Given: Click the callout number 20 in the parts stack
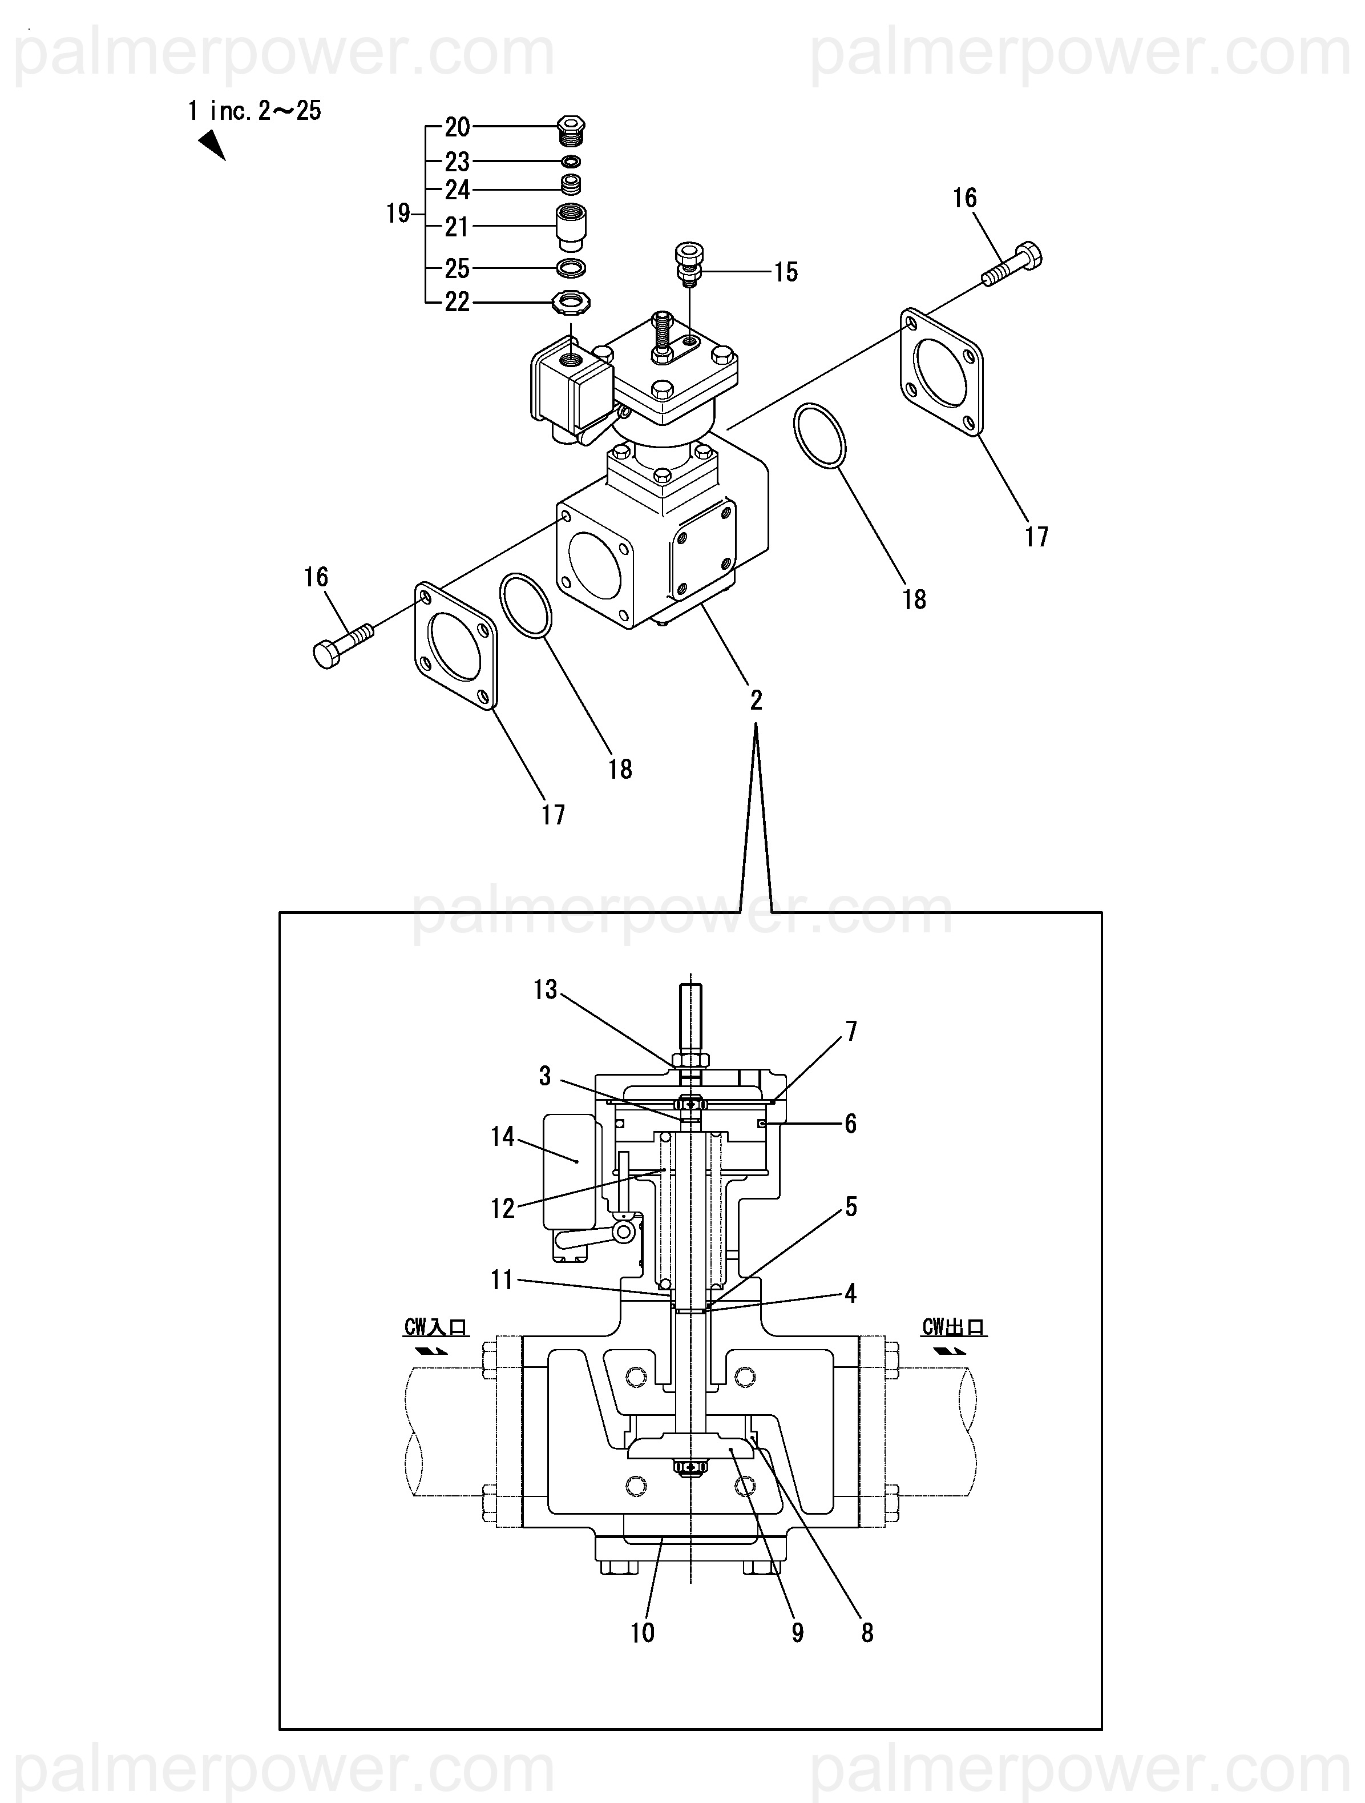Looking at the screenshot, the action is (x=457, y=127).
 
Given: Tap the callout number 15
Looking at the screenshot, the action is (x=786, y=272).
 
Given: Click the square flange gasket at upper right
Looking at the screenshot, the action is (x=941, y=372).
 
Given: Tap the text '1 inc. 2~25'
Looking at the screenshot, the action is (x=255, y=110).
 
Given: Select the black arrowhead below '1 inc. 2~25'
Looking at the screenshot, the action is (x=212, y=146).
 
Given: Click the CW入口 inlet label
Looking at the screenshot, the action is (x=436, y=1327).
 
